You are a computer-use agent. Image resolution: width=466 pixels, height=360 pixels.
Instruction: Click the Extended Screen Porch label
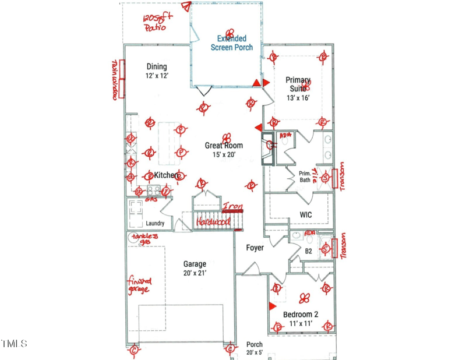(231, 43)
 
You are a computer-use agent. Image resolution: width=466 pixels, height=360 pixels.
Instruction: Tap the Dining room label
(156, 71)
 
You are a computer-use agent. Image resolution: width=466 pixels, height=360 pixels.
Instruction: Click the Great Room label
(224, 150)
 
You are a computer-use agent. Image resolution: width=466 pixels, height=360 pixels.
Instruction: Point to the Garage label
(195, 268)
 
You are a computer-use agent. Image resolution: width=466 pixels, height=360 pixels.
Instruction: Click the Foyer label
(255, 248)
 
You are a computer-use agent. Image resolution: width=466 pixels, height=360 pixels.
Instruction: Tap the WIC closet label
(306, 215)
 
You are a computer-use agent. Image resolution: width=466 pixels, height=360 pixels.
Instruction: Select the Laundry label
(155, 223)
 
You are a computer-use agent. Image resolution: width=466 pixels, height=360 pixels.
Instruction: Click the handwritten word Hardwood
(213, 222)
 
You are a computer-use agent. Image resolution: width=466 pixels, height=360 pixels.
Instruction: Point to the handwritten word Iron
(232, 206)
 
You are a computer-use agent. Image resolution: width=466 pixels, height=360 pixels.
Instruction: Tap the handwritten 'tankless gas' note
(144, 239)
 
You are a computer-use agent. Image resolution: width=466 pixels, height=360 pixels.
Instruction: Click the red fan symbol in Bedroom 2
(303, 298)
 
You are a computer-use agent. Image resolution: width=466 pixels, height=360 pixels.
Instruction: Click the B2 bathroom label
(309, 252)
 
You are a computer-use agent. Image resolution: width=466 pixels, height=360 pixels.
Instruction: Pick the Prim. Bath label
(305, 177)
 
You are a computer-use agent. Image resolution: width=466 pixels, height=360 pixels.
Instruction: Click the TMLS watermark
(14, 344)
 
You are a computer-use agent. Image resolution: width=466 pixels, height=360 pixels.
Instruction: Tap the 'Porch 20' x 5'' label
(255, 348)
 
